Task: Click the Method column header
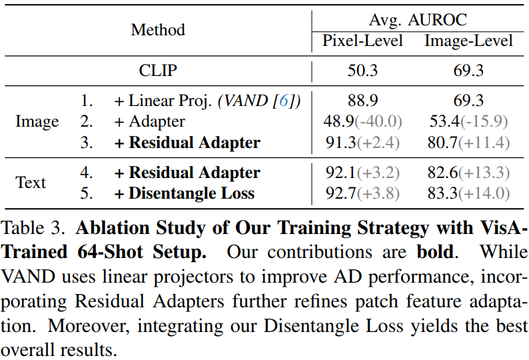tap(158, 30)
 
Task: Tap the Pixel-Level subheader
tap(363, 41)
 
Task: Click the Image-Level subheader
tap(469, 41)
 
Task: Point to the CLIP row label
tap(158, 70)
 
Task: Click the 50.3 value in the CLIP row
tap(363, 70)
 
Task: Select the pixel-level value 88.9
tap(363, 101)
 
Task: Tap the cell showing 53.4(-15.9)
tap(469, 121)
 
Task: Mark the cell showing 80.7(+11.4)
tap(469, 143)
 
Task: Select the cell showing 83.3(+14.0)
tap(469, 194)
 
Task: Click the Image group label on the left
tap(37, 122)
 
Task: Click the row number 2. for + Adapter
tap(87, 122)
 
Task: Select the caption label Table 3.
tap(35, 229)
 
